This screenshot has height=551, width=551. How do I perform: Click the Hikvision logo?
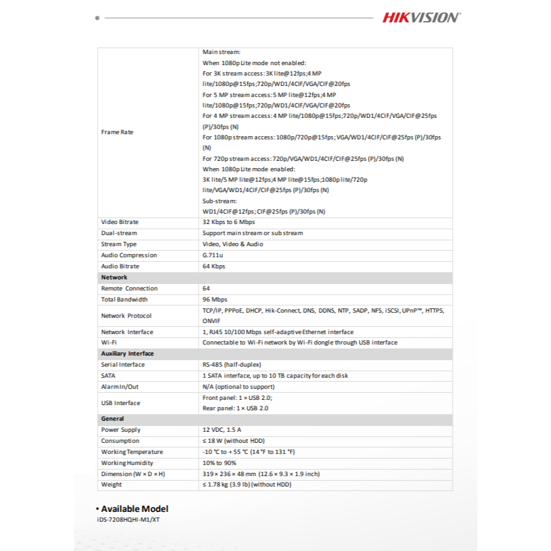pyautogui.click(x=421, y=18)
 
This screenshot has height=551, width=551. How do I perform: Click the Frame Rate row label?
pyautogui.click(x=117, y=132)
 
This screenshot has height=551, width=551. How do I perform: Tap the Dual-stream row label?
pyautogui.click(x=119, y=233)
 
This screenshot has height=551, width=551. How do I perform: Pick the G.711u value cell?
pyautogui.click(x=213, y=255)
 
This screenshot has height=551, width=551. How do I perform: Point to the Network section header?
pyautogui.click(x=115, y=277)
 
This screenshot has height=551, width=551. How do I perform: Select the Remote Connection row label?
pyautogui.click(x=129, y=289)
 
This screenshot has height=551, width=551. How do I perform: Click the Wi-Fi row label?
pyautogui.click(x=109, y=343)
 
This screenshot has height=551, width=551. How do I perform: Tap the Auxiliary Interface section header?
pyautogui.click(x=128, y=354)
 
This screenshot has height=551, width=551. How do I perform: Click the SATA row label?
pyautogui.click(x=109, y=376)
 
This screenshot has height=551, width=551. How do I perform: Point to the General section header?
pyautogui.click(x=113, y=419)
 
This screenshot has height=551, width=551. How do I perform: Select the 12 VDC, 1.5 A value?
pyautogui.click(x=222, y=430)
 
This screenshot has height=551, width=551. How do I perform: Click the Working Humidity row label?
pyautogui.click(x=128, y=463)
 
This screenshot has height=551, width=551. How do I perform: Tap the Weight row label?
pyautogui.click(x=111, y=485)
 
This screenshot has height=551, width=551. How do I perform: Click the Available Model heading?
pyautogui.click(x=134, y=509)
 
